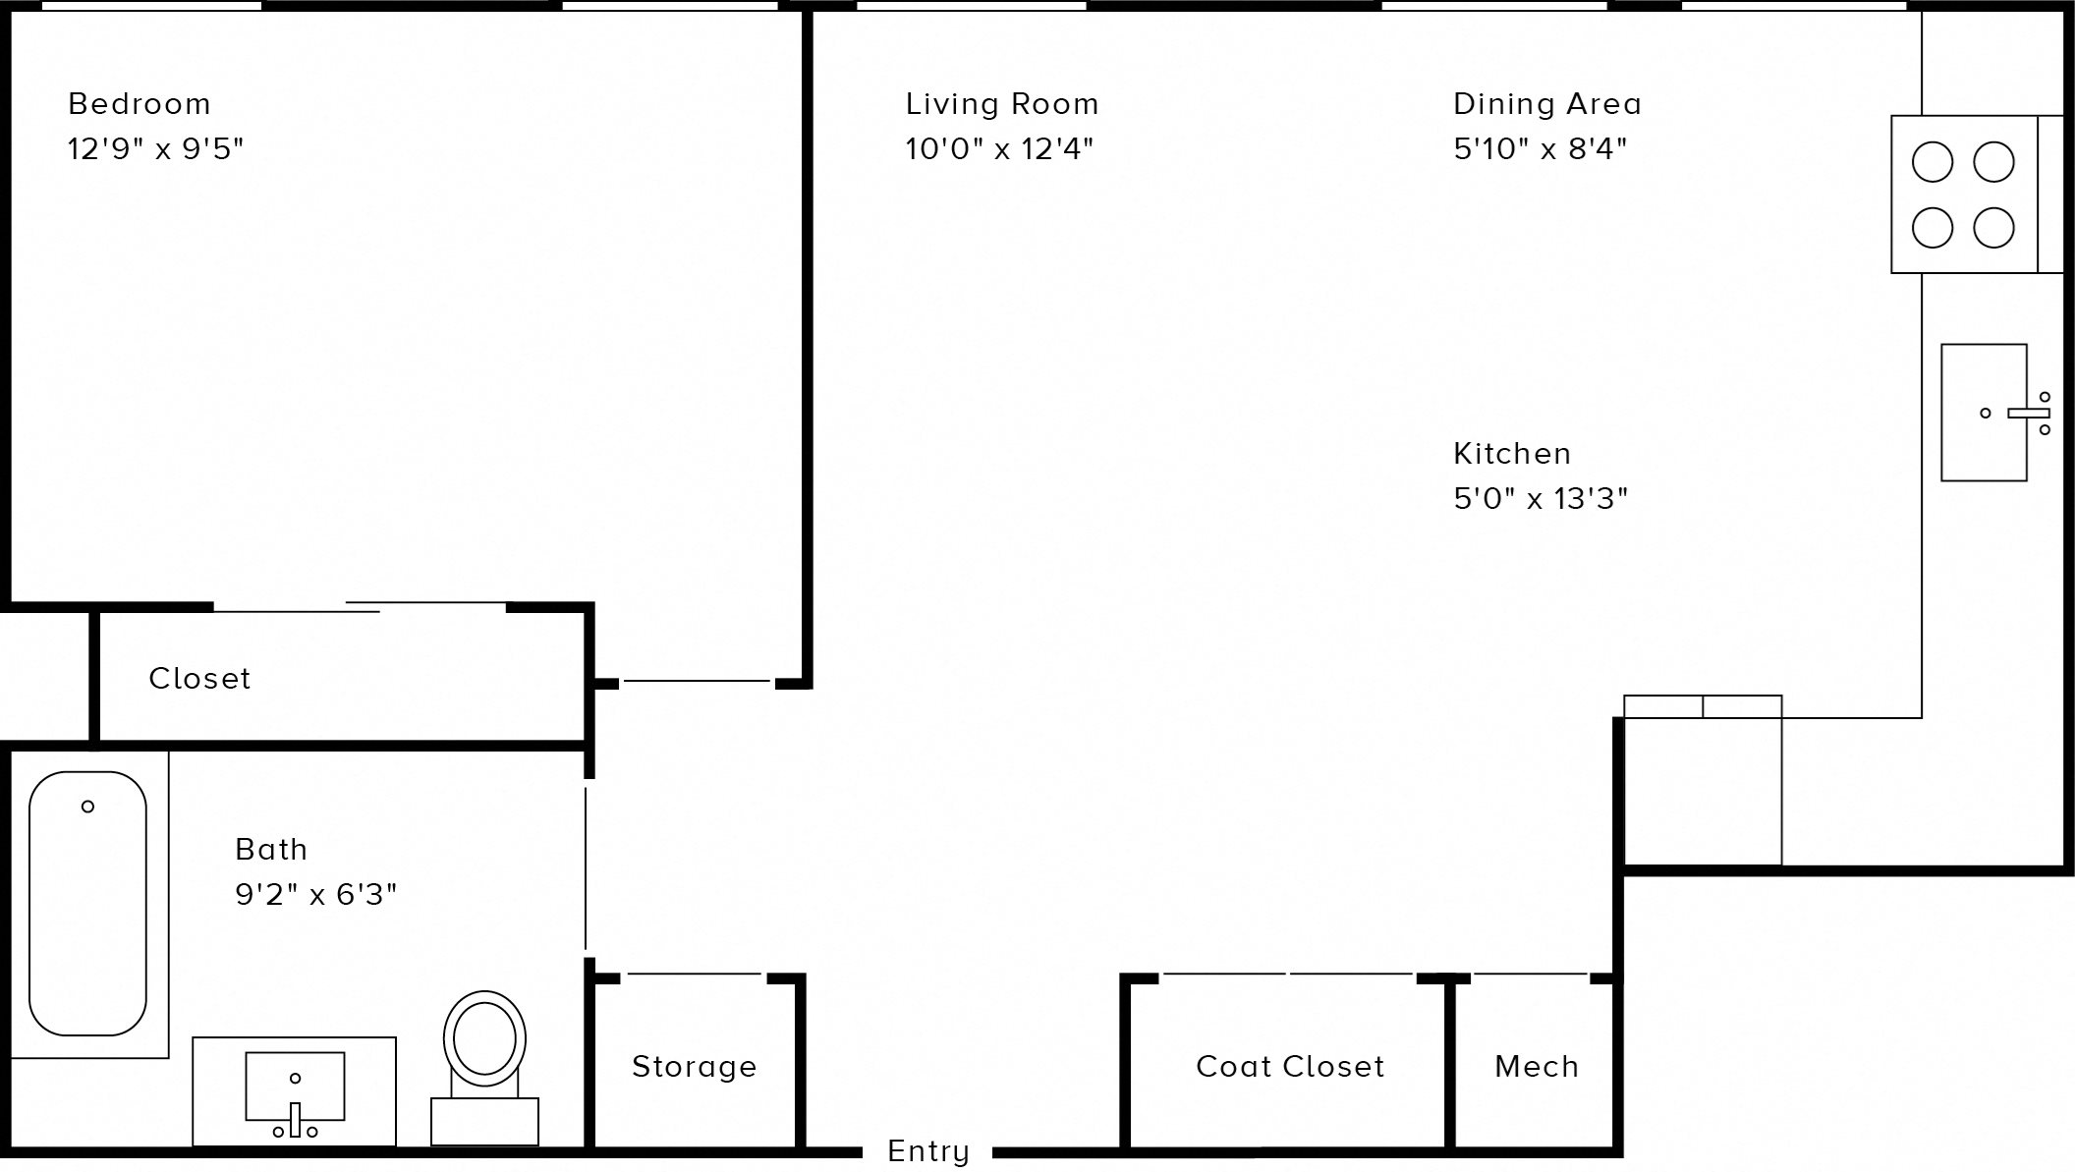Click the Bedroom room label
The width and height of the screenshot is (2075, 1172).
click(x=139, y=104)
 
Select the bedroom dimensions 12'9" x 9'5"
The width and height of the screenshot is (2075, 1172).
click(x=155, y=149)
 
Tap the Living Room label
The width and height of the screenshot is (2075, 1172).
click(x=1001, y=104)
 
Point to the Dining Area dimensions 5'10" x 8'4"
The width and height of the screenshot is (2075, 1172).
click(x=1540, y=149)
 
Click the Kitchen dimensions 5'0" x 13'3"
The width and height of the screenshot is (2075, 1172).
click(x=1540, y=499)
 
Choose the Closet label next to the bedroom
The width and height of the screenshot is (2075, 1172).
click(x=199, y=679)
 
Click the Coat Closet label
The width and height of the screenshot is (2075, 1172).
click(x=1289, y=1067)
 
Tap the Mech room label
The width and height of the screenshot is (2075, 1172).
click(x=1536, y=1067)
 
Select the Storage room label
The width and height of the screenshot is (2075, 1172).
click(x=694, y=1067)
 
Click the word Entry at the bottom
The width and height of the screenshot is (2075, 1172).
click(x=927, y=1151)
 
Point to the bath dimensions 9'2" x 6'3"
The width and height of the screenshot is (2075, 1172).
click(x=315, y=895)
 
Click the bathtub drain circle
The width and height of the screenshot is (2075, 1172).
click(x=87, y=807)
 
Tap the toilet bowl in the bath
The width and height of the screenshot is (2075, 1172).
click(x=484, y=1037)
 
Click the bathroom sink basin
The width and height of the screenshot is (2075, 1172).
click(x=295, y=1084)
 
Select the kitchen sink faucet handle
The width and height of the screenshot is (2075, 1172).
click(x=2027, y=414)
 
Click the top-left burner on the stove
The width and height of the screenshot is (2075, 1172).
click(x=1932, y=162)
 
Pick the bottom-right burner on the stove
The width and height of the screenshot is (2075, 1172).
click(x=1993, y=228)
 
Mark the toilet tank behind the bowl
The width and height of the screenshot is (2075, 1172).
click(x=484, y=1121)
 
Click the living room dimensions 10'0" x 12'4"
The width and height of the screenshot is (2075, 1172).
click(x=998, y=149)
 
